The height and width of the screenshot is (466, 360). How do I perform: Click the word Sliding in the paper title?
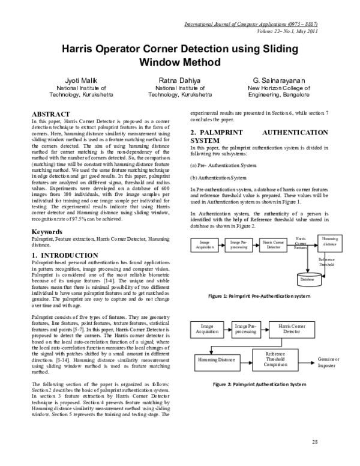(268, 48)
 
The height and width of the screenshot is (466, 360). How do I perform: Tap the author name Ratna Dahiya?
(179, 79)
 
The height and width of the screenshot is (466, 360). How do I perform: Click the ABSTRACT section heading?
(50, 113)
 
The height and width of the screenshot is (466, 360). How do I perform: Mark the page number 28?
(314, 442)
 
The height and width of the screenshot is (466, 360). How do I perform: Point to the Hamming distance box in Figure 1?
(330, 241)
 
